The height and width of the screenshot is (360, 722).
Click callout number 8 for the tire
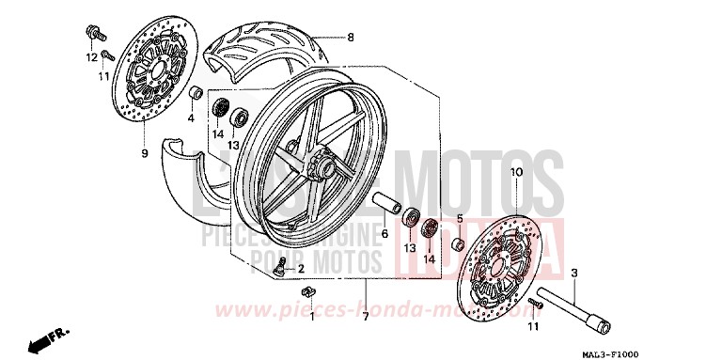point(350,38)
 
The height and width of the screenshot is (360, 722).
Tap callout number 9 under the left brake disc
point(145,152)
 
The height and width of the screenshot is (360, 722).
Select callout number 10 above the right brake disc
point(515,173)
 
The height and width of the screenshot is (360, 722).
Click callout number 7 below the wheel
point(365,316)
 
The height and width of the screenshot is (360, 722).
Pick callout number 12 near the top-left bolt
point(93,57)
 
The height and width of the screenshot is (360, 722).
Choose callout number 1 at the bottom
point(312,315)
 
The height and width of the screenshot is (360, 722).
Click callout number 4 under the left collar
point(191,118)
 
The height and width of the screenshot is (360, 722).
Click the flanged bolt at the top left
point(95,35)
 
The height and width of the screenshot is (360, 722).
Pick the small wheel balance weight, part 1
point(294,298)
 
